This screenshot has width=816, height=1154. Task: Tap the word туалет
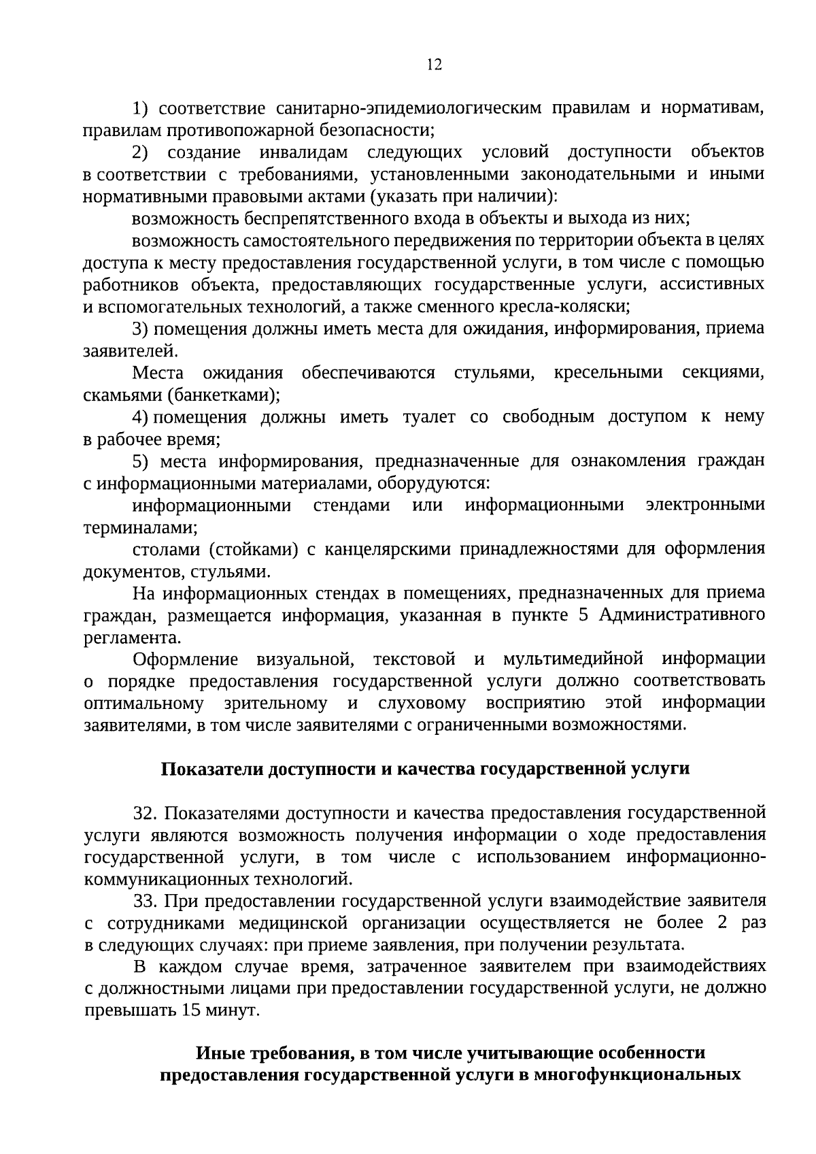[x=429, y=416]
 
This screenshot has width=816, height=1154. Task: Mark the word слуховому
[x=422, y=703]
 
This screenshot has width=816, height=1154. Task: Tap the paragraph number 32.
[x=146, y=813]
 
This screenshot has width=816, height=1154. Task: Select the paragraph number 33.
[x=146, y=901]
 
